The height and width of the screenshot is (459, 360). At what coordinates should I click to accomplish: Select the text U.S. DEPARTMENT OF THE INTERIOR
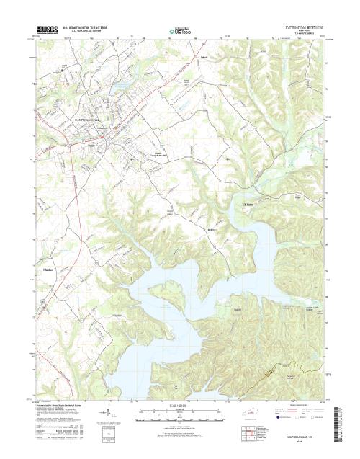point(89,28)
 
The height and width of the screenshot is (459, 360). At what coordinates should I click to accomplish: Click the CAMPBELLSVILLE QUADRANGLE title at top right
point(303,27)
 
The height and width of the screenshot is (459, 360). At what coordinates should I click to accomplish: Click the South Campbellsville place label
point(155,153)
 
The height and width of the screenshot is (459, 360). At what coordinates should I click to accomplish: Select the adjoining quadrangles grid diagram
point(249,433)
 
